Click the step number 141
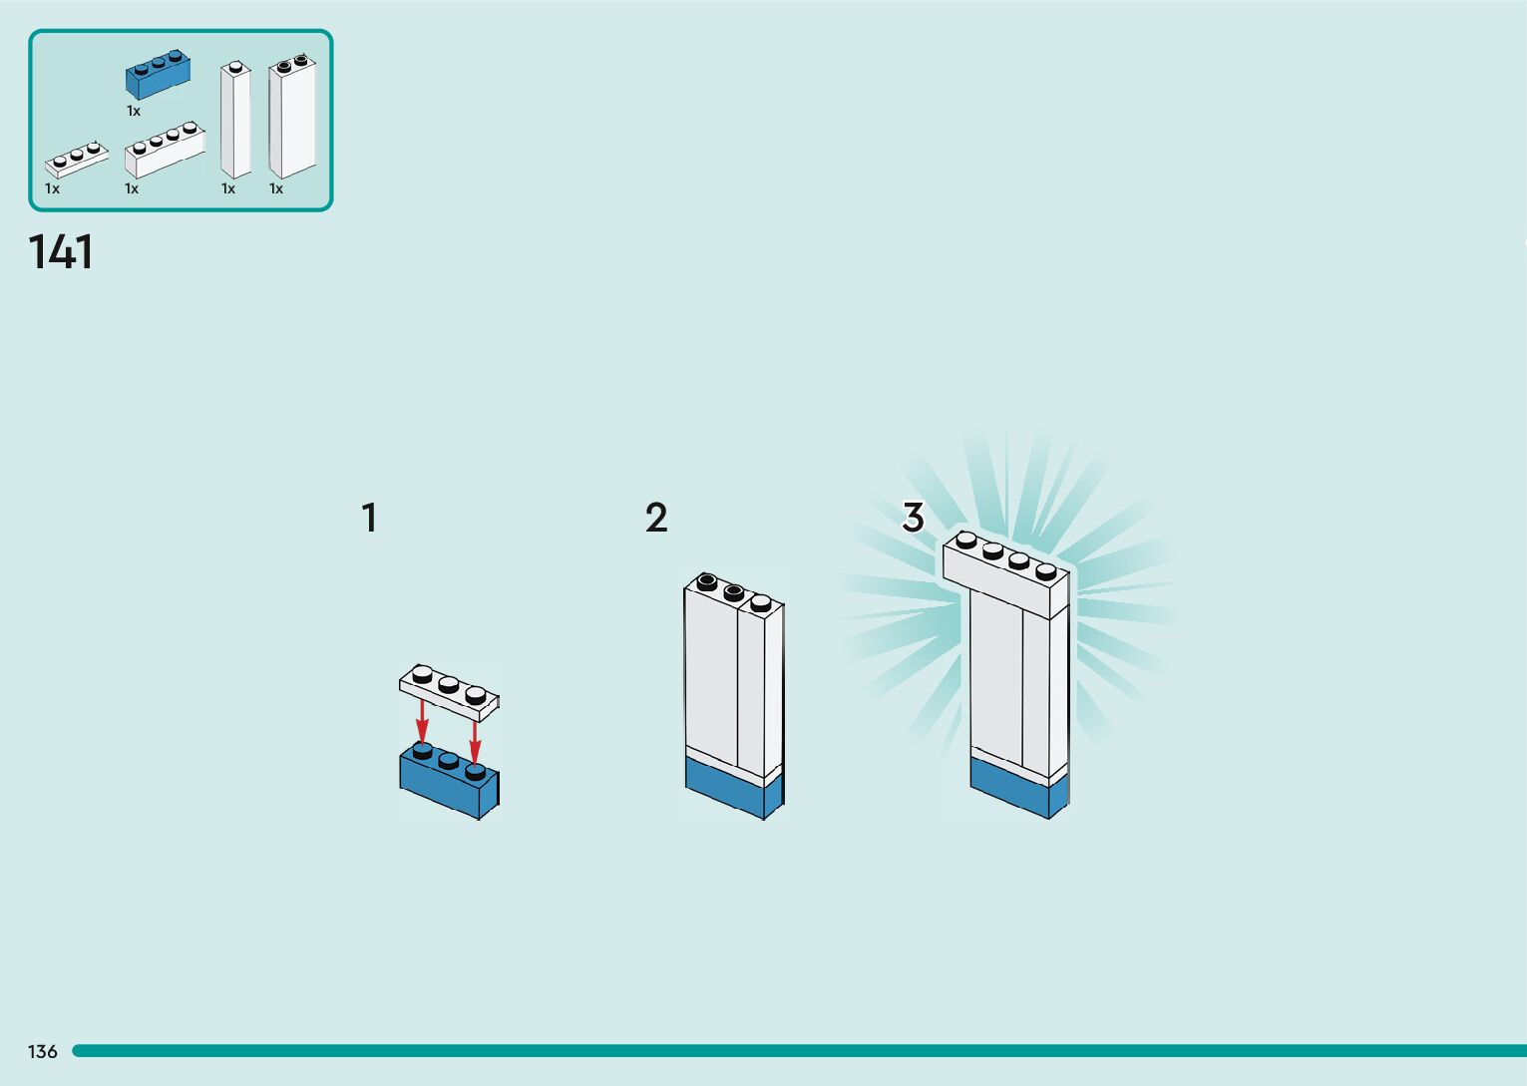(61, 252)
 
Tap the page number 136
(43, 1051)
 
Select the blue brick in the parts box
(158, 76)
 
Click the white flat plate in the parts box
(76, 161)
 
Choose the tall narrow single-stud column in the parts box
(235, 122)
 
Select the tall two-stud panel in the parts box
(292, 120)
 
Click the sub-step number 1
(369, 519)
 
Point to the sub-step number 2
(656, 519)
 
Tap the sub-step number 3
(913, 518)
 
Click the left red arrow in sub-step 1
(423, 720)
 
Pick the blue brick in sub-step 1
(449, 784)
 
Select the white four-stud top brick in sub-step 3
(1005, 574)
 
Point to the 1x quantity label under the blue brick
(134, 112)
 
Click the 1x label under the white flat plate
(52, 188)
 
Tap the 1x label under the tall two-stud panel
(276, 188)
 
